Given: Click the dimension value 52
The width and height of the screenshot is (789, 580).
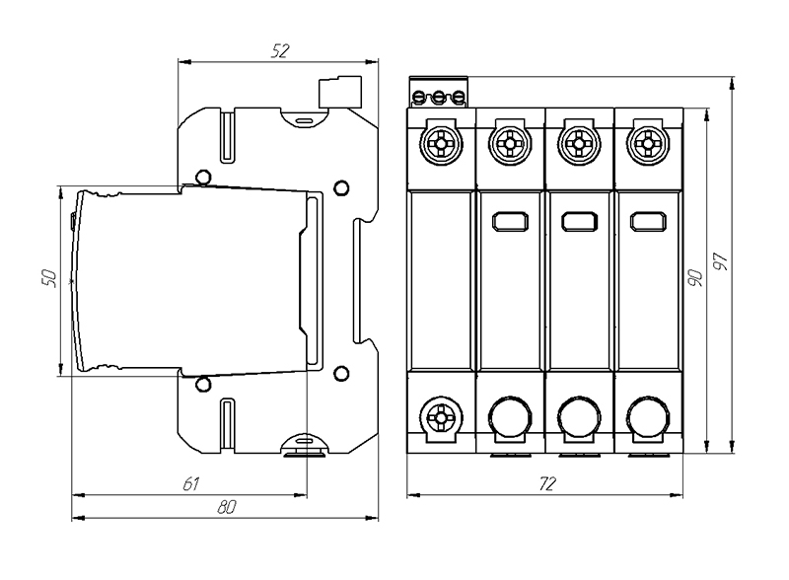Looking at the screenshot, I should pyautogui.click(x=279, y=52).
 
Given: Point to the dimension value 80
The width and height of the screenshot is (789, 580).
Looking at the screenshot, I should pyautogui.click(x=227, y=507).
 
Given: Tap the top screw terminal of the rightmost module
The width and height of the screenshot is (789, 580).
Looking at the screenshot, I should pyautogui.click(x=649, y=144).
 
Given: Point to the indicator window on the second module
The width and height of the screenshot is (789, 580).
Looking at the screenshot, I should pyautogui.click(x=511, y=221).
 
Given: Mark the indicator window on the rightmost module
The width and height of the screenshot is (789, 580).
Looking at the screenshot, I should pyautogui.click(x=649, y=221).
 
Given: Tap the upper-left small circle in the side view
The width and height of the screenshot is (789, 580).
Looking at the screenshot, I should pyautogui.click(x=202, y=178).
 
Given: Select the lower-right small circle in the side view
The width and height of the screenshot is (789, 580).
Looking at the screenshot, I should pyautogui.click(x=341, y=373).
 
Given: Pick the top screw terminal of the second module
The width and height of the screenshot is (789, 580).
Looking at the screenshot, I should pyautogui.click(x=511, y=144).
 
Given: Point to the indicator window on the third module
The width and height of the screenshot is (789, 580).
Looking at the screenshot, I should pyautogui.click(x=580, y=221).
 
